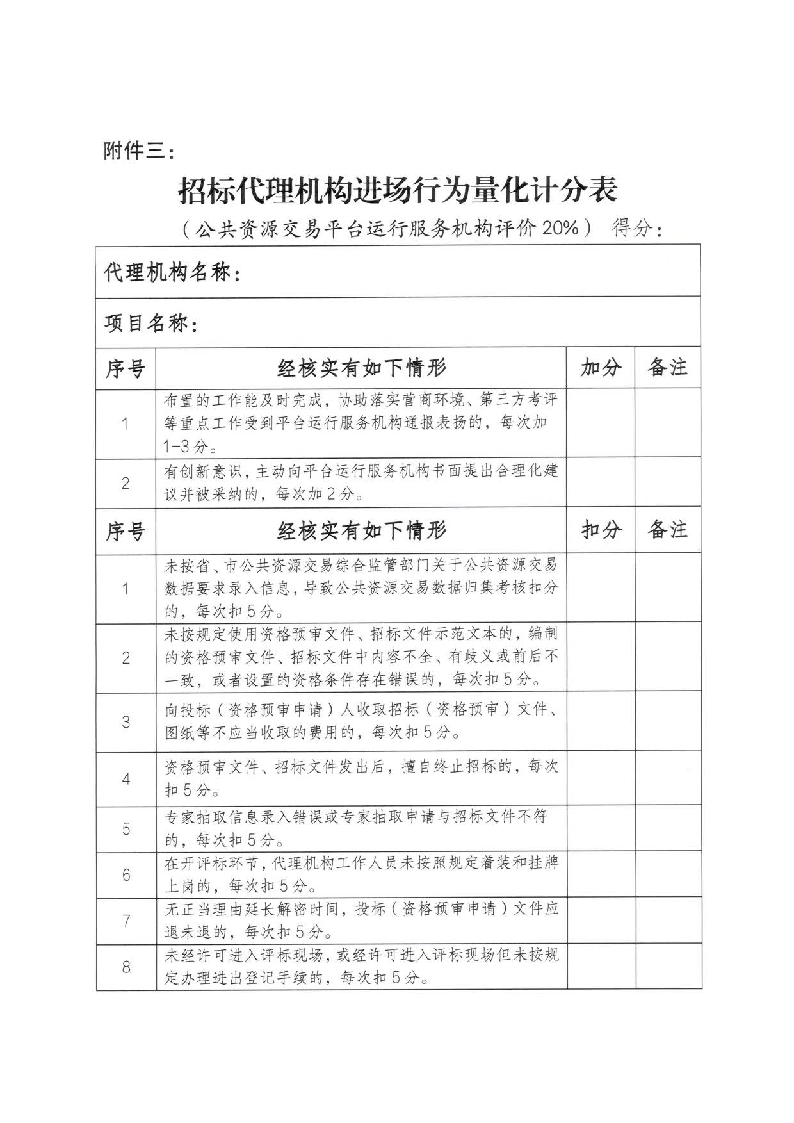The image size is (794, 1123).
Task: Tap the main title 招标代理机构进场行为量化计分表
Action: [397, 191]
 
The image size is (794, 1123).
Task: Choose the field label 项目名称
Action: [150, 324]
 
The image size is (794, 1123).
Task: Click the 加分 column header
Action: [601, 368]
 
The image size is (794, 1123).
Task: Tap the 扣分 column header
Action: [601, 530]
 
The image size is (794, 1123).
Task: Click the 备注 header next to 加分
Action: [667, 368]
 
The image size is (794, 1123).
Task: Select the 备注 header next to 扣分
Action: [667, 530]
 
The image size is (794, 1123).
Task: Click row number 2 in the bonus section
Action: [126, 483]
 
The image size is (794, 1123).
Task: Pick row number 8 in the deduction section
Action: [126, 967]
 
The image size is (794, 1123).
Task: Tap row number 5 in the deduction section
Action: [126, 829]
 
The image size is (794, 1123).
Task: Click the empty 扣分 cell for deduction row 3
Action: [601, 722]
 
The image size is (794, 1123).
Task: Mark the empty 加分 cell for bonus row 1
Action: [601, 423]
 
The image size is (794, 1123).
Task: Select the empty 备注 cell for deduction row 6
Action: [668, 875]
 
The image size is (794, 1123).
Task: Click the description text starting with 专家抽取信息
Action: [356, 828]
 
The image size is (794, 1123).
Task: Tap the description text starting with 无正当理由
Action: [362, 920]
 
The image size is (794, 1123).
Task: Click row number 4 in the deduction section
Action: [126, 779]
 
